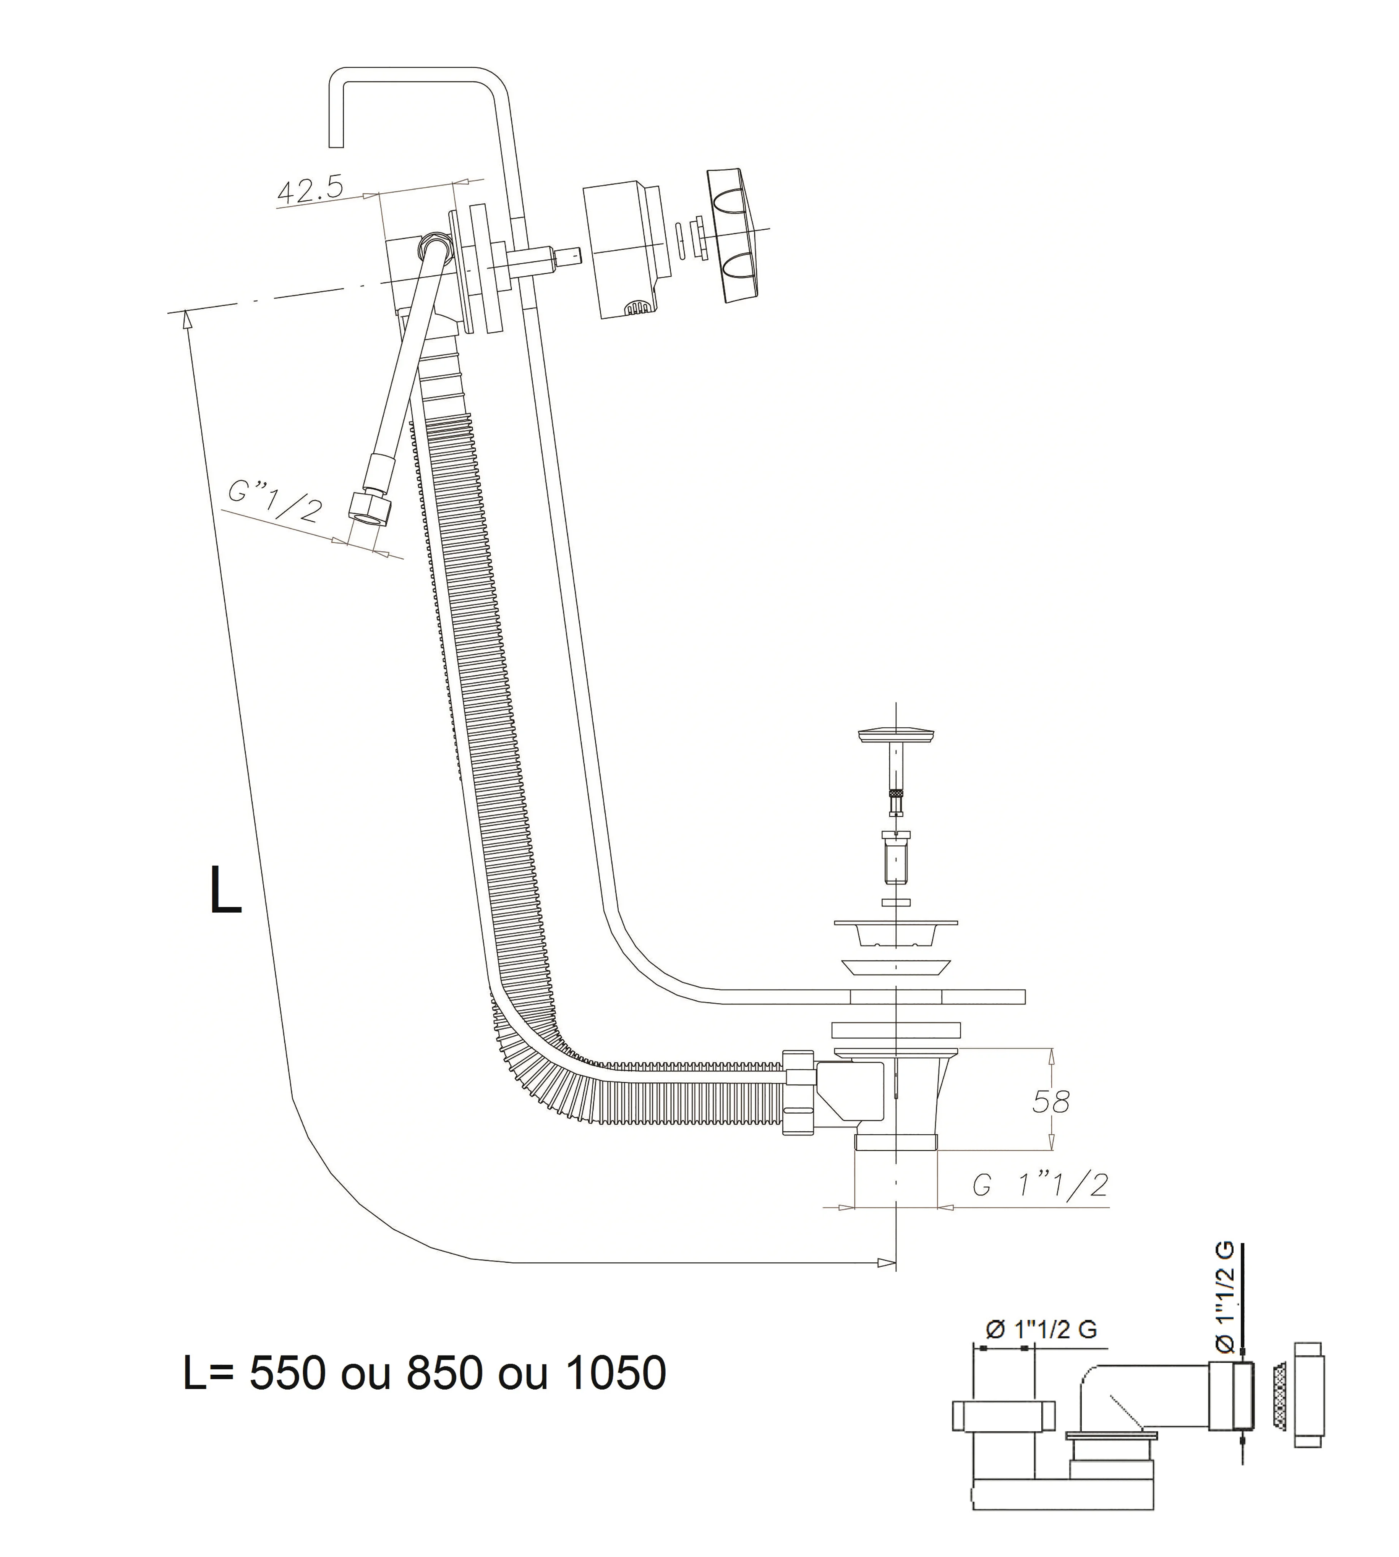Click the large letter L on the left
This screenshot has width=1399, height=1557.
pos(225,890)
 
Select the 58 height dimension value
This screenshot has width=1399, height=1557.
pos(1051,1102)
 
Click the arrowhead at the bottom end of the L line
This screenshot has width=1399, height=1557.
pos(888,1262)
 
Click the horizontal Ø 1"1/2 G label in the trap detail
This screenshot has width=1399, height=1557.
pos(1040,1329)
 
